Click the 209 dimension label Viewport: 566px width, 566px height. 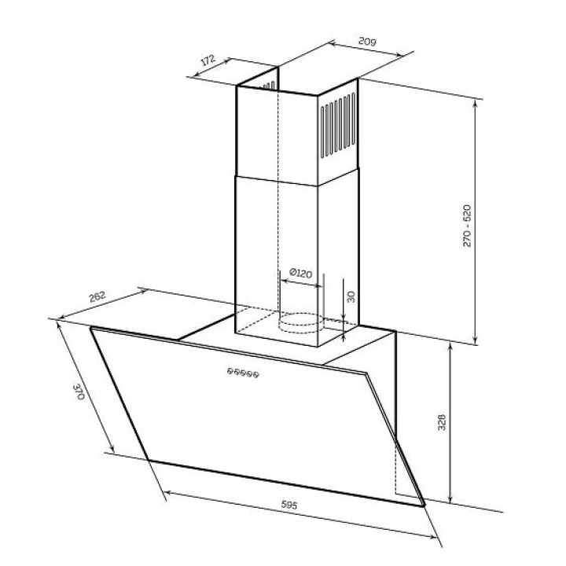tap(367, 42)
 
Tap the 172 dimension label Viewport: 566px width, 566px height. tap(208, 60)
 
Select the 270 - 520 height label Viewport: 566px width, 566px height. tap(467, 226)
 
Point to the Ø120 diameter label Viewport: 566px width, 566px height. tap(300, 274)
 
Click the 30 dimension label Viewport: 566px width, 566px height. tap(351, 296)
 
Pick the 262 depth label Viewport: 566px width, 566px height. tap(97, 296)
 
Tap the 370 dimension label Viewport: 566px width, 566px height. tap(79, 392)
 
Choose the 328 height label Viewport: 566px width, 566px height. tap(442, 422)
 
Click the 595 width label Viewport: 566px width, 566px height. tap(289, 505)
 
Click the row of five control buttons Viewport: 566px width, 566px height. tap(243, 373)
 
